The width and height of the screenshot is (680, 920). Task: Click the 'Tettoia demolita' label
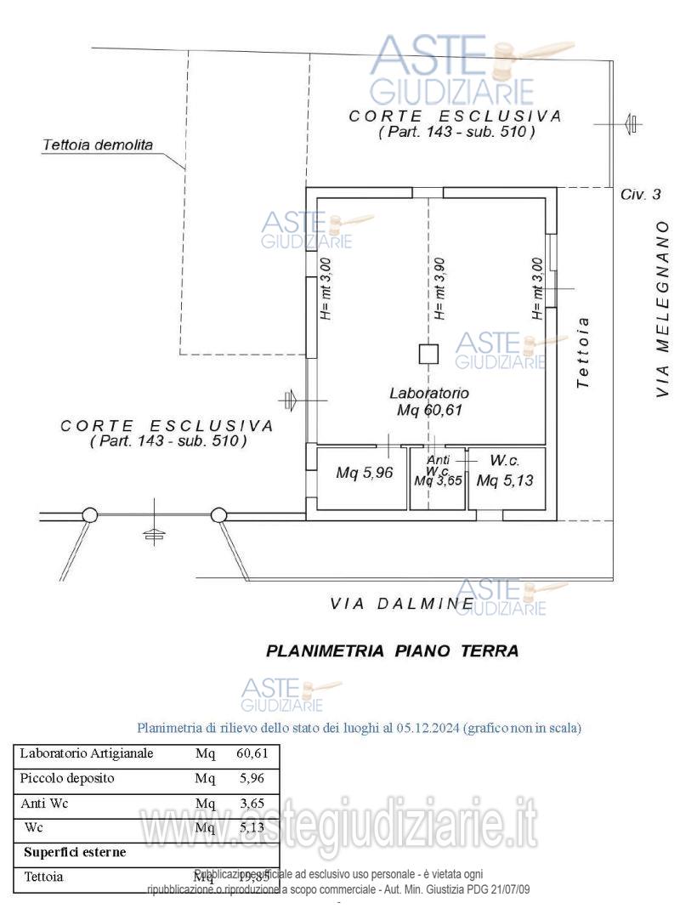[x=98, y=145]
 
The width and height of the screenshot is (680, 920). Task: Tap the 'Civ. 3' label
[x=640, y=195]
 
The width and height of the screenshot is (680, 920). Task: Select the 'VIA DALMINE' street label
[x=402, y=604]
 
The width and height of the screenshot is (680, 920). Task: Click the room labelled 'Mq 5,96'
[x=364, y=474]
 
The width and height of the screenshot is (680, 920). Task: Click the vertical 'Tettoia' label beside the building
[x=582, y=354]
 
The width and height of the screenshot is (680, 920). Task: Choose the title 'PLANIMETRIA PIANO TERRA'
[x=392, y=651]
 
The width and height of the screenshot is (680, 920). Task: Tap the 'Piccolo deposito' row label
[x=67, y=777]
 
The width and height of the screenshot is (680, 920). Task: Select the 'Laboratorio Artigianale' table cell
[x=86, y=752]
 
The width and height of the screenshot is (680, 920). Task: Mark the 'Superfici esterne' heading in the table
[x=75, y=851]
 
